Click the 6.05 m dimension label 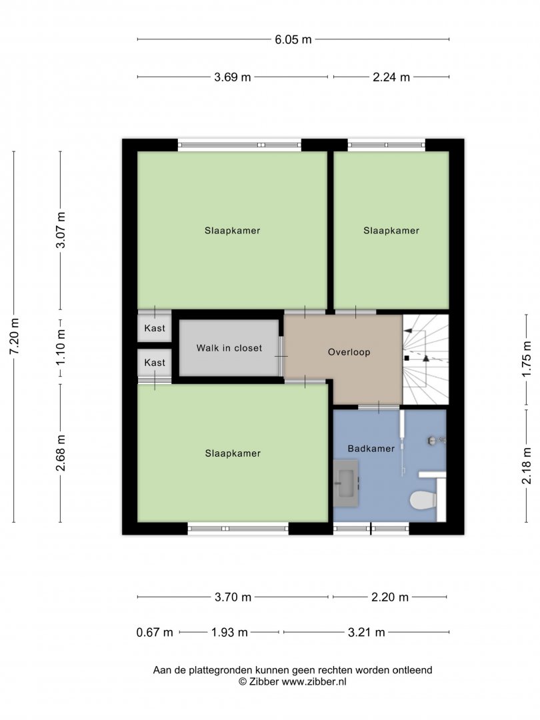click(x=293, y=39)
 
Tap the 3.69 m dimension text click(x=233, y=77)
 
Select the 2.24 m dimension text click(x=391, y=77)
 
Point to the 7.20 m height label click(x=14, y=336)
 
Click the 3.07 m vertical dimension click(x=61, y=230)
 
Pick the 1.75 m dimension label click(x=526, y=359)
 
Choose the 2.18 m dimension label click(x=526, y=466)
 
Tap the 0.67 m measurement click(x=155, y=632)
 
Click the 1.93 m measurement click(x=229, y=632)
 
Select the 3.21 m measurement click(x=367, y=632)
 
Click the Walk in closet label click(x=229, y=348)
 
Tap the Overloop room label click(x=349, y=352)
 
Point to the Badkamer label click(x=371, y=449)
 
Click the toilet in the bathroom click(x=423, y=501)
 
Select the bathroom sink click(x=346, y=483)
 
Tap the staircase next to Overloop click(x=425, y=359)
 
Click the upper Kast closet click(x=155, y=328)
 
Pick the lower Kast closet click(x=155, y=363)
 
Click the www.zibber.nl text click(x=314, y=682)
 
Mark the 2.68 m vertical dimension click(x=61, y=453)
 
